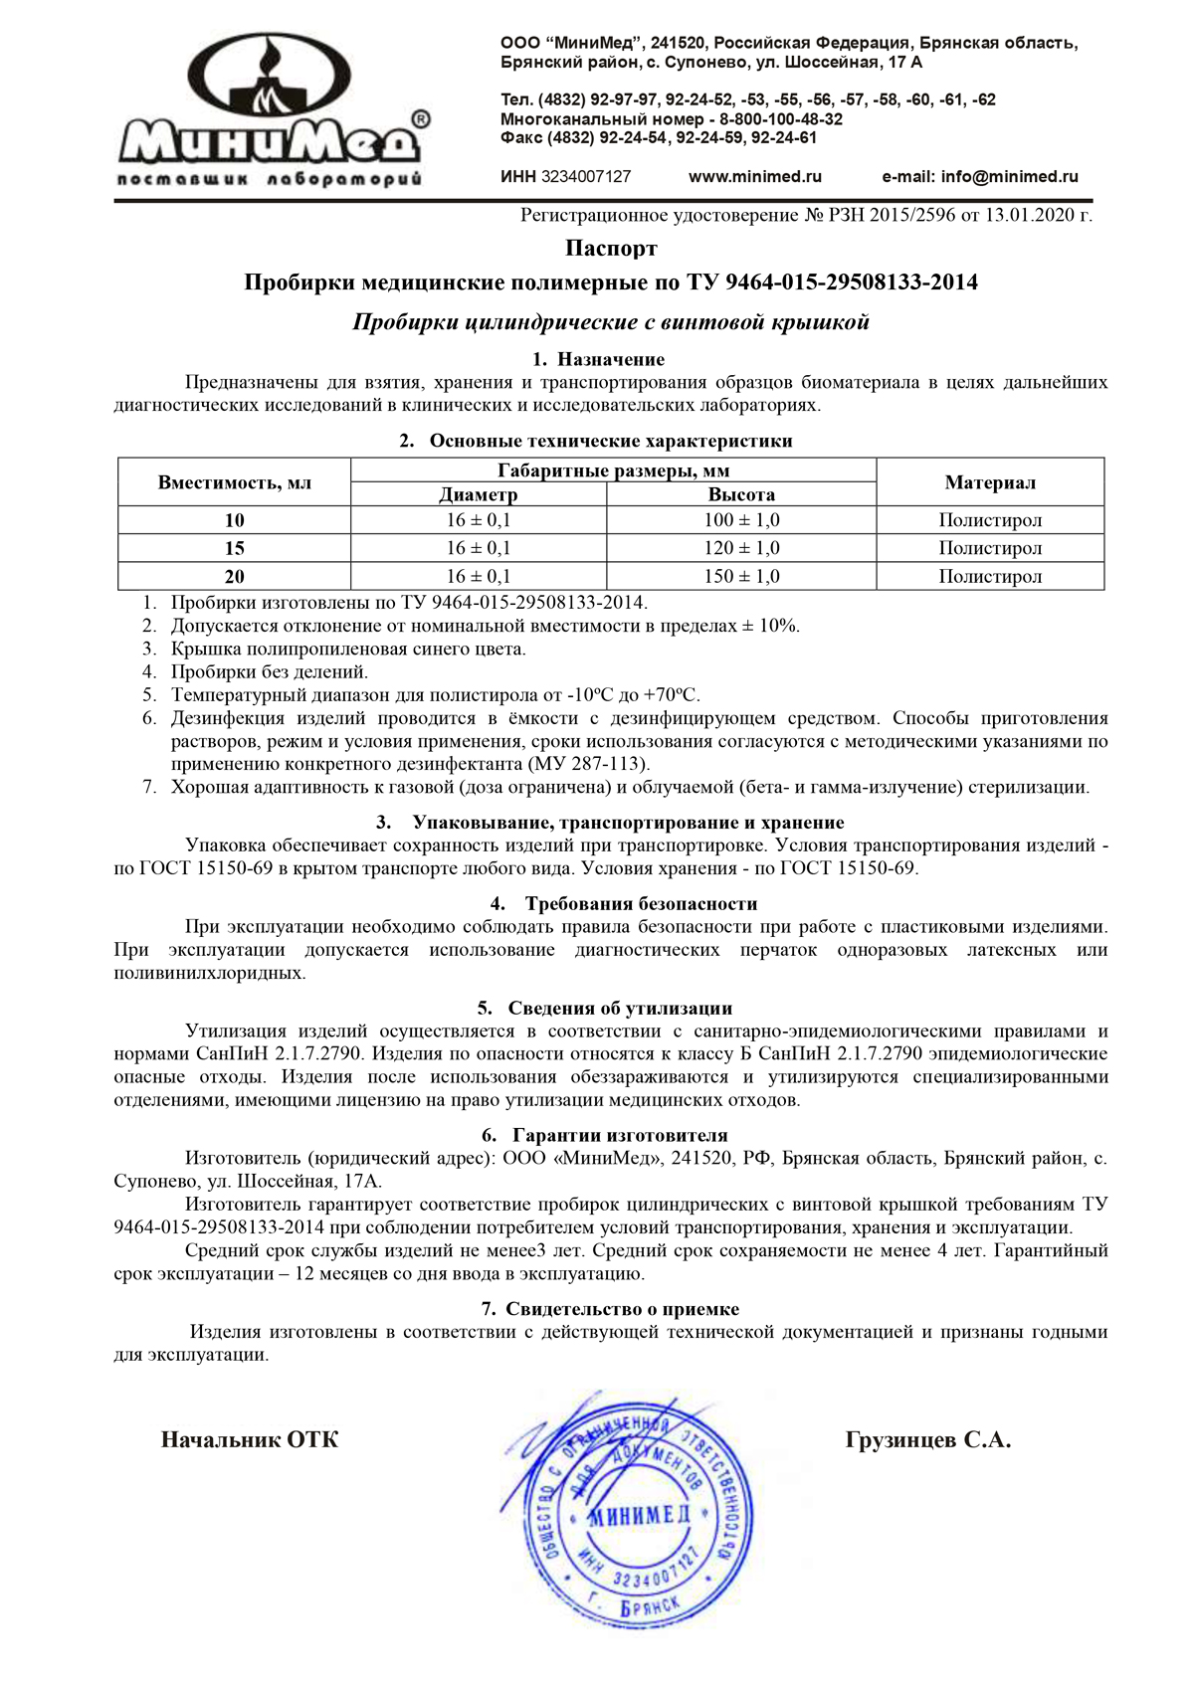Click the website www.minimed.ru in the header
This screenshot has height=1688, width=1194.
click(x=755, y=177)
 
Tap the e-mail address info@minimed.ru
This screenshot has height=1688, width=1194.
click(x=980, y=177)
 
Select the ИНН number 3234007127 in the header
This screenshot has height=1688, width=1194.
click(x=585, y=177)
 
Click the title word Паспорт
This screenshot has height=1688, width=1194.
click(x=611, y=248)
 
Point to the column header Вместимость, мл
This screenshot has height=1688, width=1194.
click(x=235, y=483)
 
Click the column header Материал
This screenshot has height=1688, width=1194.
click(x=990, y=483)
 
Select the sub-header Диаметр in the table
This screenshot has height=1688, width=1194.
click(x=478, y=494)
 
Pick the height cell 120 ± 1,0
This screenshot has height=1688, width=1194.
click(x=741, y=548)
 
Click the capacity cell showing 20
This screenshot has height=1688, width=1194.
click(x=235, y=577)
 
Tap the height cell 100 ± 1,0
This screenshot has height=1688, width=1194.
click(x=741, y=520)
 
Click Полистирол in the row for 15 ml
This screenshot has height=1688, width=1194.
click(x=990, y=548)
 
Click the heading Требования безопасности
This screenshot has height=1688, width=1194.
click(x=641, y=904)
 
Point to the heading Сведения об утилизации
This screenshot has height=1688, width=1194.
click(x=619, y=1009)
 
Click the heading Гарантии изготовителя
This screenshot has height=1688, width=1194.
click(x=619, y=1136)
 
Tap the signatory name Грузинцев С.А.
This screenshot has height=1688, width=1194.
click(x=927, y=1440)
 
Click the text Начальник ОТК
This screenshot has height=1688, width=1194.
click(x=250, y=1440)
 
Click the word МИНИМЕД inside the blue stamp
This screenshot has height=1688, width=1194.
click(x=639, y=1516)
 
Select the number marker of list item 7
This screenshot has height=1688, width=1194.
click(x=149, y=788)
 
